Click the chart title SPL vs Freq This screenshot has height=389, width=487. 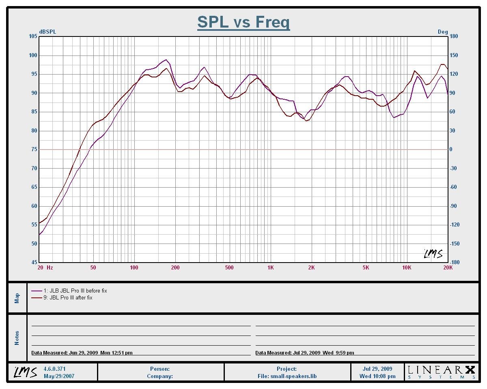243,22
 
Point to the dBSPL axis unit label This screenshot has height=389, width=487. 47,32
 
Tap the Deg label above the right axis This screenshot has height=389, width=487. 442,32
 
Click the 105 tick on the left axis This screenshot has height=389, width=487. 33,36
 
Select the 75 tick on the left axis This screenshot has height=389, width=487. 34,150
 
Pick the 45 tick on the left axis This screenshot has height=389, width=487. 34,263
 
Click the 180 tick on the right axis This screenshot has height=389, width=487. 453,36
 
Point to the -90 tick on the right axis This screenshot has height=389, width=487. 453,206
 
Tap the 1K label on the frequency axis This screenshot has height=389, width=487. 271,267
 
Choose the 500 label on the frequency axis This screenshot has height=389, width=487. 229,267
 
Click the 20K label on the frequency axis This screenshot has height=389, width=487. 448,267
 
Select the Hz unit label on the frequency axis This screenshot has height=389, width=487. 50,267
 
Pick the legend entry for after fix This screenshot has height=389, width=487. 68,297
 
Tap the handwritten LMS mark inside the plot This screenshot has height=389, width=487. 433,254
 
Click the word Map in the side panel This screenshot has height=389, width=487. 17,298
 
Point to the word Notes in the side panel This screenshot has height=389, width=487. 17,338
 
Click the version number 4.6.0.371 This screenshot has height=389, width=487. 54,369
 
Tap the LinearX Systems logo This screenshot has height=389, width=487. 441,372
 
